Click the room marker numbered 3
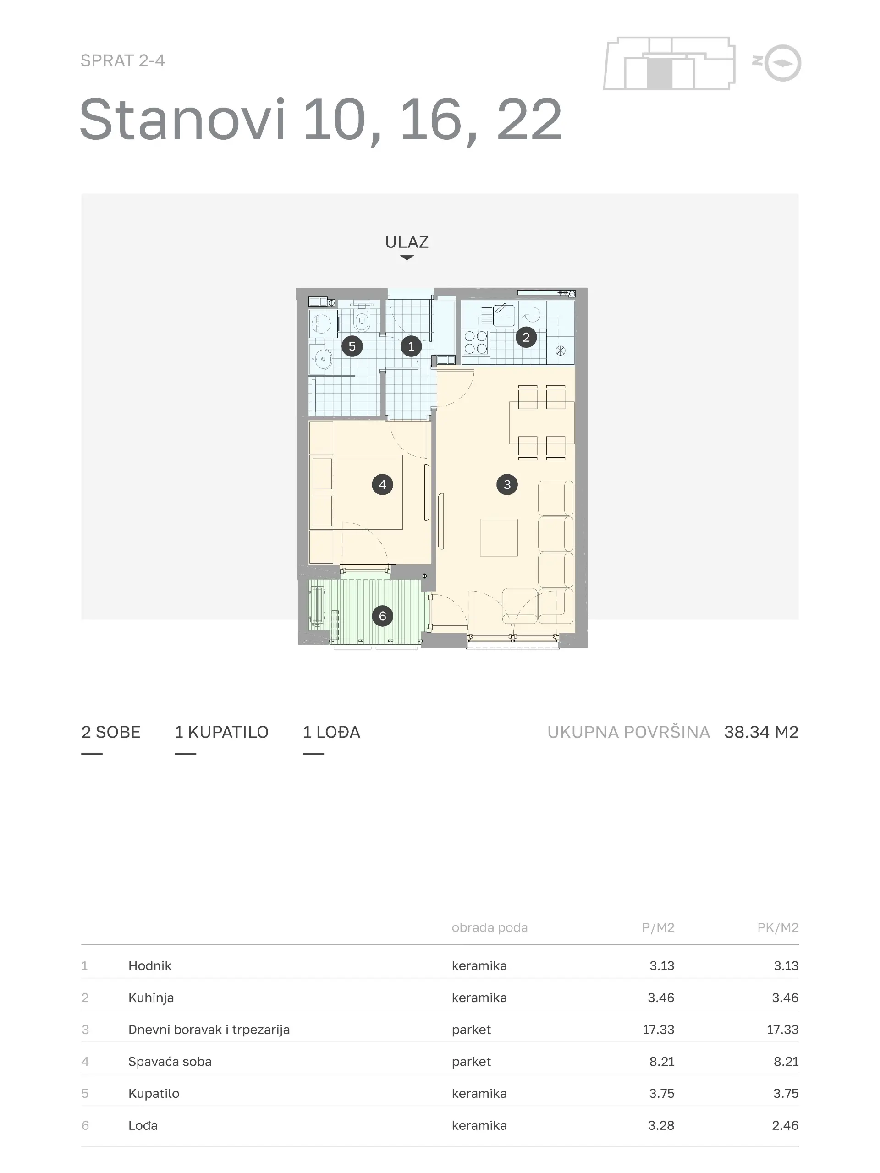[506, 484]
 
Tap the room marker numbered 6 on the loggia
[382, 616]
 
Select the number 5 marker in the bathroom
[352, 346]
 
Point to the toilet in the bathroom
[362, 318]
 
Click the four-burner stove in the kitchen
[476, 342]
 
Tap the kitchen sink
[503, 315]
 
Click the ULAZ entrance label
[407, 242]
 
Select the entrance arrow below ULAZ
[407, 258]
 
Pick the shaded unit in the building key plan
[660, 74]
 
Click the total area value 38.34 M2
[761, 732]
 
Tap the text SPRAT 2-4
[122, 61]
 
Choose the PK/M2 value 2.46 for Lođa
[785, 1125]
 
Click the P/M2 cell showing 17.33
[658, 1029]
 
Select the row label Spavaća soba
[170, 1061]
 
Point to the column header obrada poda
[489, 927]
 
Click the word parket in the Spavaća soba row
[471, 1062]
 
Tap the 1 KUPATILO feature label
[222, 732]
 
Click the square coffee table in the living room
[499, 537]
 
